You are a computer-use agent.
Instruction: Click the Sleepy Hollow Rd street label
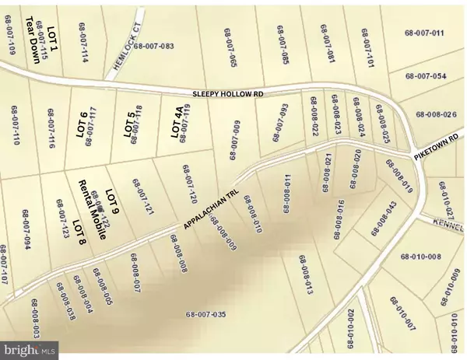(230, 93)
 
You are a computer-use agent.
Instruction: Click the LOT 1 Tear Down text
(37, 44)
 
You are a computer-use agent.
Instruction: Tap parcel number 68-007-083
(153, 47)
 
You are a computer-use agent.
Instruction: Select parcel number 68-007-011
(424, 33)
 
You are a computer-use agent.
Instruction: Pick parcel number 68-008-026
(438, 115)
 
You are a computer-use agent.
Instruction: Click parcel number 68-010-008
(422, 257)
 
